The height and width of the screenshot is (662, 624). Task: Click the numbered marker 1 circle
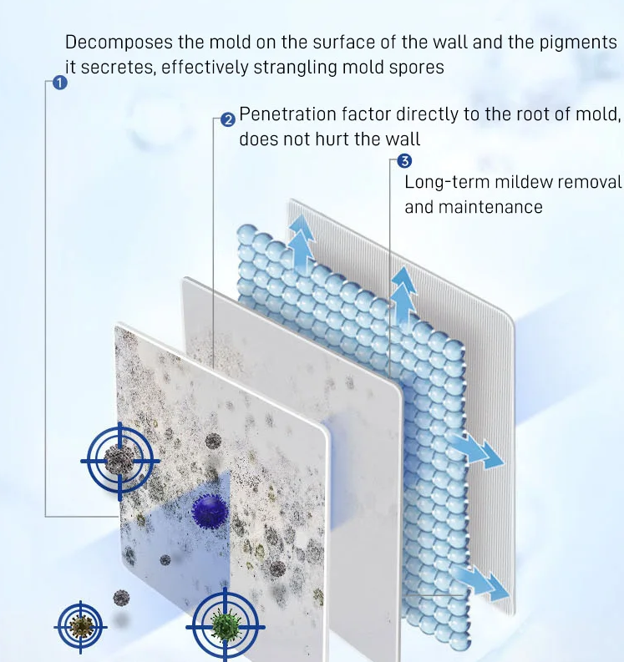click(x=59, y=83)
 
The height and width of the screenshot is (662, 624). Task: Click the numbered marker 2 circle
click(x=228, y=120)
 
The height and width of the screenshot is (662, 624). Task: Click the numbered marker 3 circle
click(x=405, y=161)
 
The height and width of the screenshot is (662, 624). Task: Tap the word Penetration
click(x=285, y=114)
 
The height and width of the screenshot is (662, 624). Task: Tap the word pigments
click(x=579, y=43)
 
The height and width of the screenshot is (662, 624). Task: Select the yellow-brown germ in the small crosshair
click(x=81, y=625)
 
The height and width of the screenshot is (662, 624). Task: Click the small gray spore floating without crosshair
click(x=122, y=598)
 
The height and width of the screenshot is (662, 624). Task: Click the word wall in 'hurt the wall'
click(x=403, y=139)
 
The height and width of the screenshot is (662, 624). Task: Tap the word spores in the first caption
click(x=417, y=67)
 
